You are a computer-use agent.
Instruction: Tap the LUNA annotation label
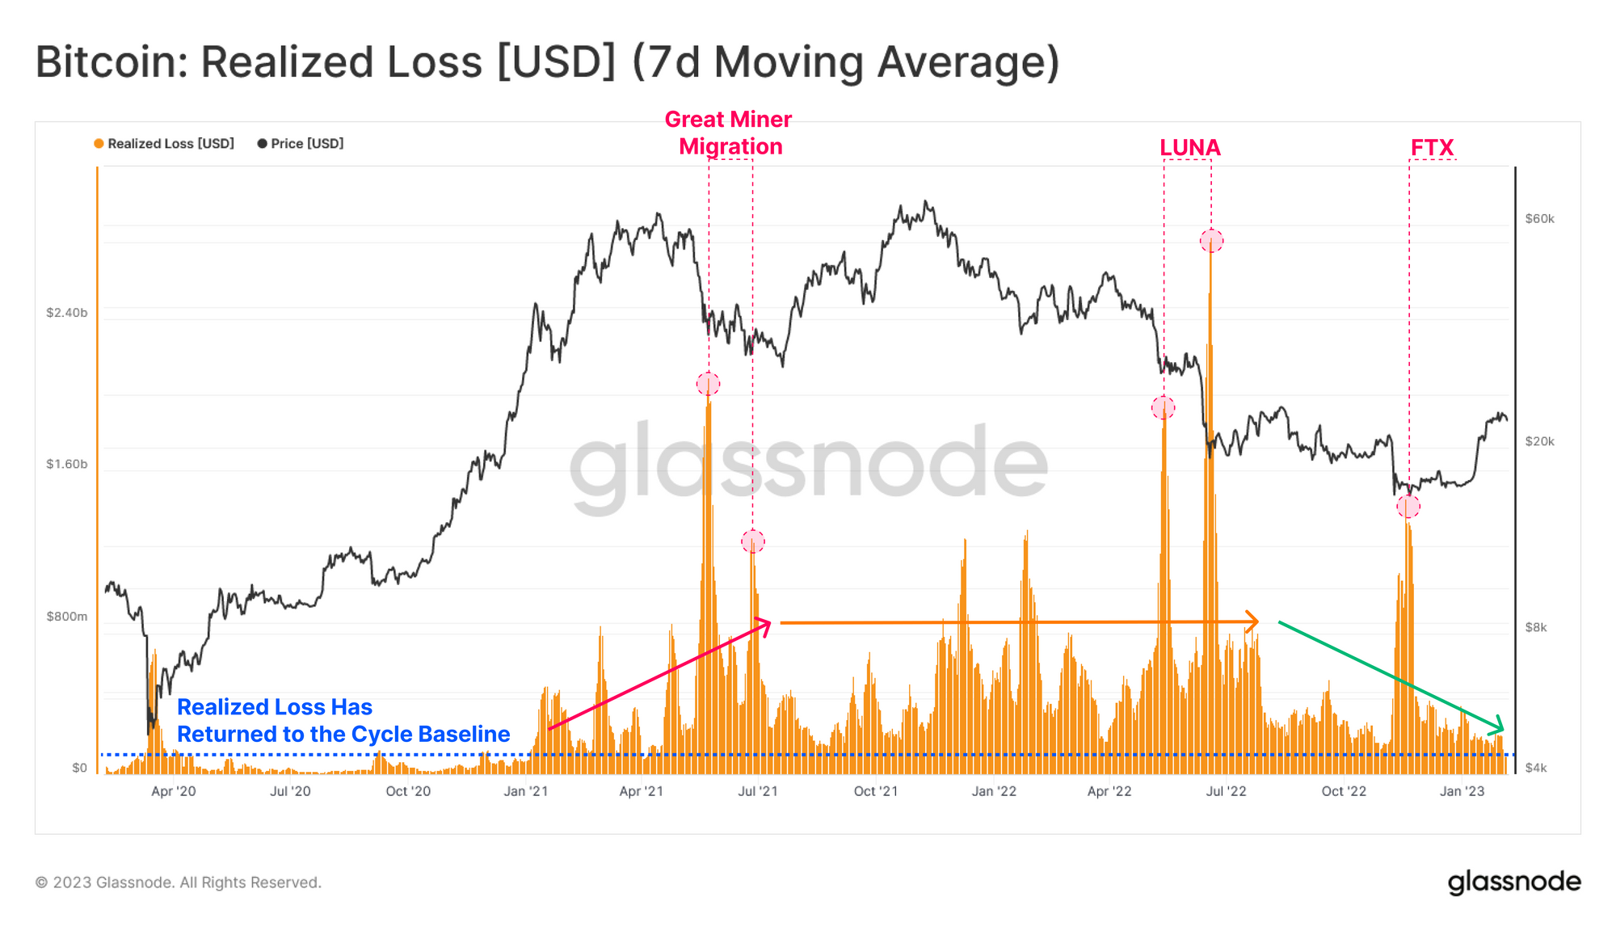point(1189,148)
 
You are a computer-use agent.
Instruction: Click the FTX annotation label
point(1432,148)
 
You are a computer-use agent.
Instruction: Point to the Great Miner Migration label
point(729,133)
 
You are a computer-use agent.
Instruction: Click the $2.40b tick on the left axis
point(66,313)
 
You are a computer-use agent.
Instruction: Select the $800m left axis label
point(66,617)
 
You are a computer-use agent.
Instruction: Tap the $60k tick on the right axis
point(1539,219)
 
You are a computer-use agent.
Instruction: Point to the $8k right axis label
point(1535,627)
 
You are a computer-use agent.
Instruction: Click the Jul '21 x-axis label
point(757,791)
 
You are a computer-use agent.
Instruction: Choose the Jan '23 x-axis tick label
point(1462,791)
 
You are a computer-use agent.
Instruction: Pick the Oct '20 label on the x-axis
point(408,791)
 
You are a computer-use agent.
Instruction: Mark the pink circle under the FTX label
point(1408,507)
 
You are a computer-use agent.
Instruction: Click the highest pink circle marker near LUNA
point(1211,241)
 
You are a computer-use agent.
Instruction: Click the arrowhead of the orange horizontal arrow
point(1253,621)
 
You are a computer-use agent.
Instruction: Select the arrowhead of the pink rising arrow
point(764,624)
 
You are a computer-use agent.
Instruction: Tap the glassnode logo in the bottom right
point(1513,882)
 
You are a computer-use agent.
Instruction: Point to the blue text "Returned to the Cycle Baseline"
point(343,734)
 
